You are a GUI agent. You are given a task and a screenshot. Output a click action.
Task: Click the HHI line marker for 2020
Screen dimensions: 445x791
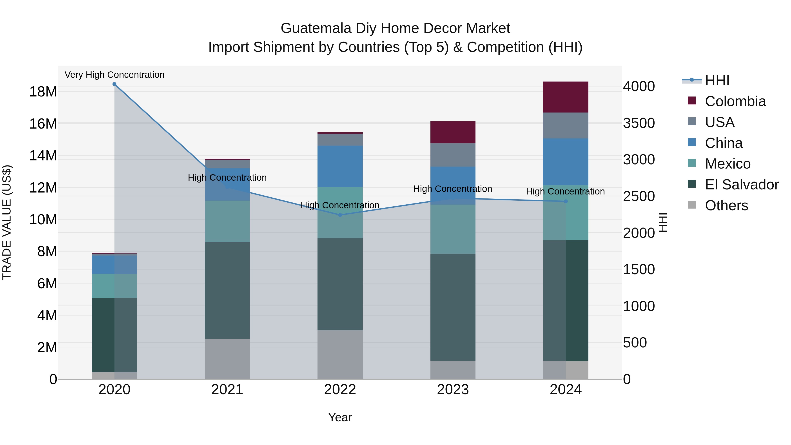coord(114,84)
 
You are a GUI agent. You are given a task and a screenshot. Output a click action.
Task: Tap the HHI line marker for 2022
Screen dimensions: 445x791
coord(340,215)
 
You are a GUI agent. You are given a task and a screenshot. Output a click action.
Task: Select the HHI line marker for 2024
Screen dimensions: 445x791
coord(566,202)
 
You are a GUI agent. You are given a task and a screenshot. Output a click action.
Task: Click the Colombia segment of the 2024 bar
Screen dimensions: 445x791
coord(566,97)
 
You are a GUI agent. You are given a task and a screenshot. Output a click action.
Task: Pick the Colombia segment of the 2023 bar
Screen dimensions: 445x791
coord(453,132)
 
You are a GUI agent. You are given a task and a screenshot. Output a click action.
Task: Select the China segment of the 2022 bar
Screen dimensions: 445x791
coord(340,166)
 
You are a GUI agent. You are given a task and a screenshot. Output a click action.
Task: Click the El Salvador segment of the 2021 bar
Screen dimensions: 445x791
coord(227,290)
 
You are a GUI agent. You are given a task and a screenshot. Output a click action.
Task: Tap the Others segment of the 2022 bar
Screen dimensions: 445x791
coord(340,354)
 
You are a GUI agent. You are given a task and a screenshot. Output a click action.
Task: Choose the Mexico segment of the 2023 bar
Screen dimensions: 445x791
coord(453,229)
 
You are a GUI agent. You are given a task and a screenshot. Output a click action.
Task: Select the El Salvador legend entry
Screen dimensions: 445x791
coord(742,185)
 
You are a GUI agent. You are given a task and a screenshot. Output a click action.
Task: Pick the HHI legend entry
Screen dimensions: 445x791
coord(717,80)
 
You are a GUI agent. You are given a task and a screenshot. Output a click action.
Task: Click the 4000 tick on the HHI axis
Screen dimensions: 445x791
coord(639,86)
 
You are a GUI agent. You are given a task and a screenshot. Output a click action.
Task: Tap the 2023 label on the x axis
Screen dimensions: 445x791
coord(453,390)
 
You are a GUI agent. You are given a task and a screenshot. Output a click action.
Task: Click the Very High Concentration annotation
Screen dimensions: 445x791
coord(114,75)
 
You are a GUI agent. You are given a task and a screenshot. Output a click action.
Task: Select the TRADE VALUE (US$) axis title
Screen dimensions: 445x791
coord(7,222)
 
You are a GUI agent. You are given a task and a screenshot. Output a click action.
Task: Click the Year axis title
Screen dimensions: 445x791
coord(340,417)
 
